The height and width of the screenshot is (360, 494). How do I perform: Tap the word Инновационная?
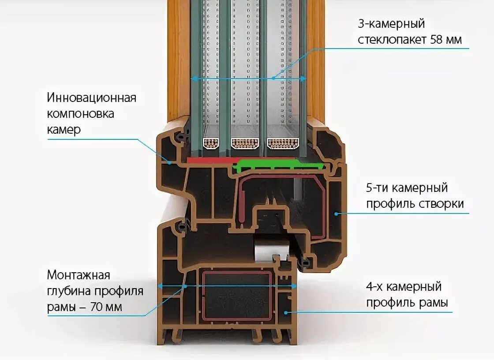click(92, 97)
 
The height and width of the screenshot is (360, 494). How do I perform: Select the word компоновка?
click(81, 114)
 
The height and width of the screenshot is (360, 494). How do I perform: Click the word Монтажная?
click(79, 275)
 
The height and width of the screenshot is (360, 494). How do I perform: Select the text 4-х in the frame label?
click(375, 287)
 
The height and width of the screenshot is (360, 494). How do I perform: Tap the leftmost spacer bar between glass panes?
click(211, 143)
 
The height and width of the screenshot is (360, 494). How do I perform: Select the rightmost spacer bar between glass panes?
click(283, 143)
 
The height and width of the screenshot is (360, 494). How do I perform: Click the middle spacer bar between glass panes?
click(245, 143)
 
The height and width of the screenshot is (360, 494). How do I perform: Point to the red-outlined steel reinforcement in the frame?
click(237, 296)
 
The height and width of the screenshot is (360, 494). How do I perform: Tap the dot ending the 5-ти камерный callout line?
click(336, 214)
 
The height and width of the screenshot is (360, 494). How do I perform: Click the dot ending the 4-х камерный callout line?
click(285, 312)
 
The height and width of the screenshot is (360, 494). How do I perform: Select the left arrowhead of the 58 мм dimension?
click(193, 79)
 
